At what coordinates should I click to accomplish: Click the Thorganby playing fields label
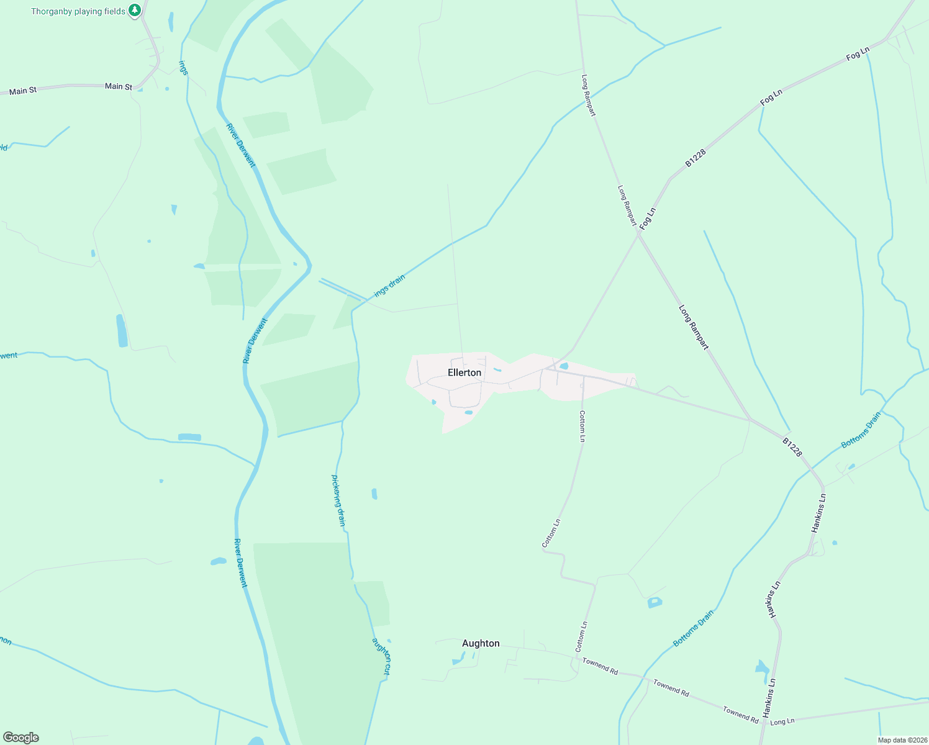point(78,11)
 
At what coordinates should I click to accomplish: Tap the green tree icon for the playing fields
point(135,11)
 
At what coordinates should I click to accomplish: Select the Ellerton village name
point(464,372)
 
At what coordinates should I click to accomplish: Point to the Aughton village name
point(481,643)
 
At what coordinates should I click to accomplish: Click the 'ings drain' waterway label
point(389,284)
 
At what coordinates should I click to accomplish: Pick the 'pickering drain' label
point(338,500)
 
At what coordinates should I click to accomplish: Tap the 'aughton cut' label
point(381,656)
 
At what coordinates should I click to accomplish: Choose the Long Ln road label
point(782,721)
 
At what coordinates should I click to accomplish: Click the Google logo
point(21,737)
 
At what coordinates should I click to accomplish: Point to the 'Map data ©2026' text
point(902,739)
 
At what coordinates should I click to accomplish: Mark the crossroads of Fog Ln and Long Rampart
point(638,235)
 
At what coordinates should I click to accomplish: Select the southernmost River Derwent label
point(240,562)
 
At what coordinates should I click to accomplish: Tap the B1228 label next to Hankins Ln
point(792,447)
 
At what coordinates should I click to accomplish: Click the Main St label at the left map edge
point(23,91)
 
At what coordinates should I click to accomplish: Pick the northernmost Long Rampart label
point(588,96)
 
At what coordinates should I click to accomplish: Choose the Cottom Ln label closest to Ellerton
point(582,426)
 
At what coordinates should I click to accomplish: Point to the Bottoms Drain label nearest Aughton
point(694,628)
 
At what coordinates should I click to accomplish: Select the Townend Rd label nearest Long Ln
point(740,714)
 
